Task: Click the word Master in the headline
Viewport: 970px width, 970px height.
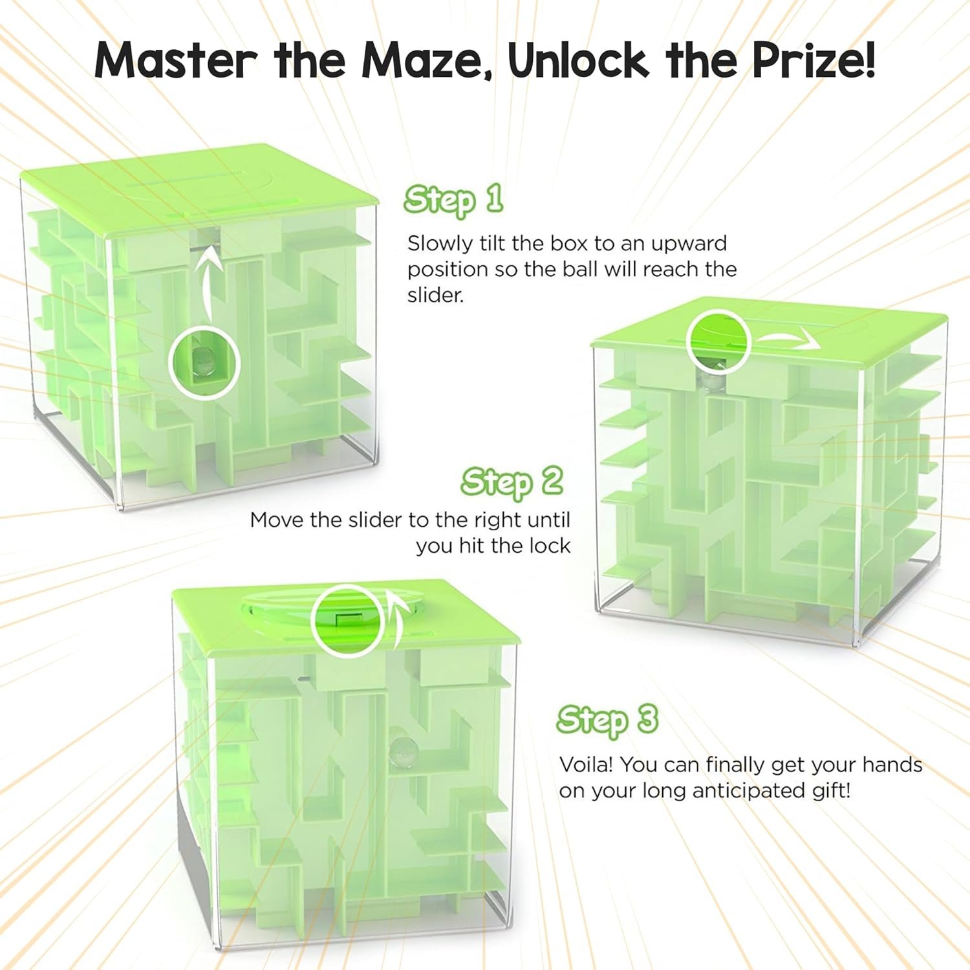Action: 175,59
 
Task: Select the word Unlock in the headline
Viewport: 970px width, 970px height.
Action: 578,59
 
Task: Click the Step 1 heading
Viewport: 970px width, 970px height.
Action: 453,200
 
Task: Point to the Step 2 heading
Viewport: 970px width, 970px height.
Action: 512,482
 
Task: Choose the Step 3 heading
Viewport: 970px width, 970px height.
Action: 607,720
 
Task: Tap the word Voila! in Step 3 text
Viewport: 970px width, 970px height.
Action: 586,764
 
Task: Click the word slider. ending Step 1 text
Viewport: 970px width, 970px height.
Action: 436,295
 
